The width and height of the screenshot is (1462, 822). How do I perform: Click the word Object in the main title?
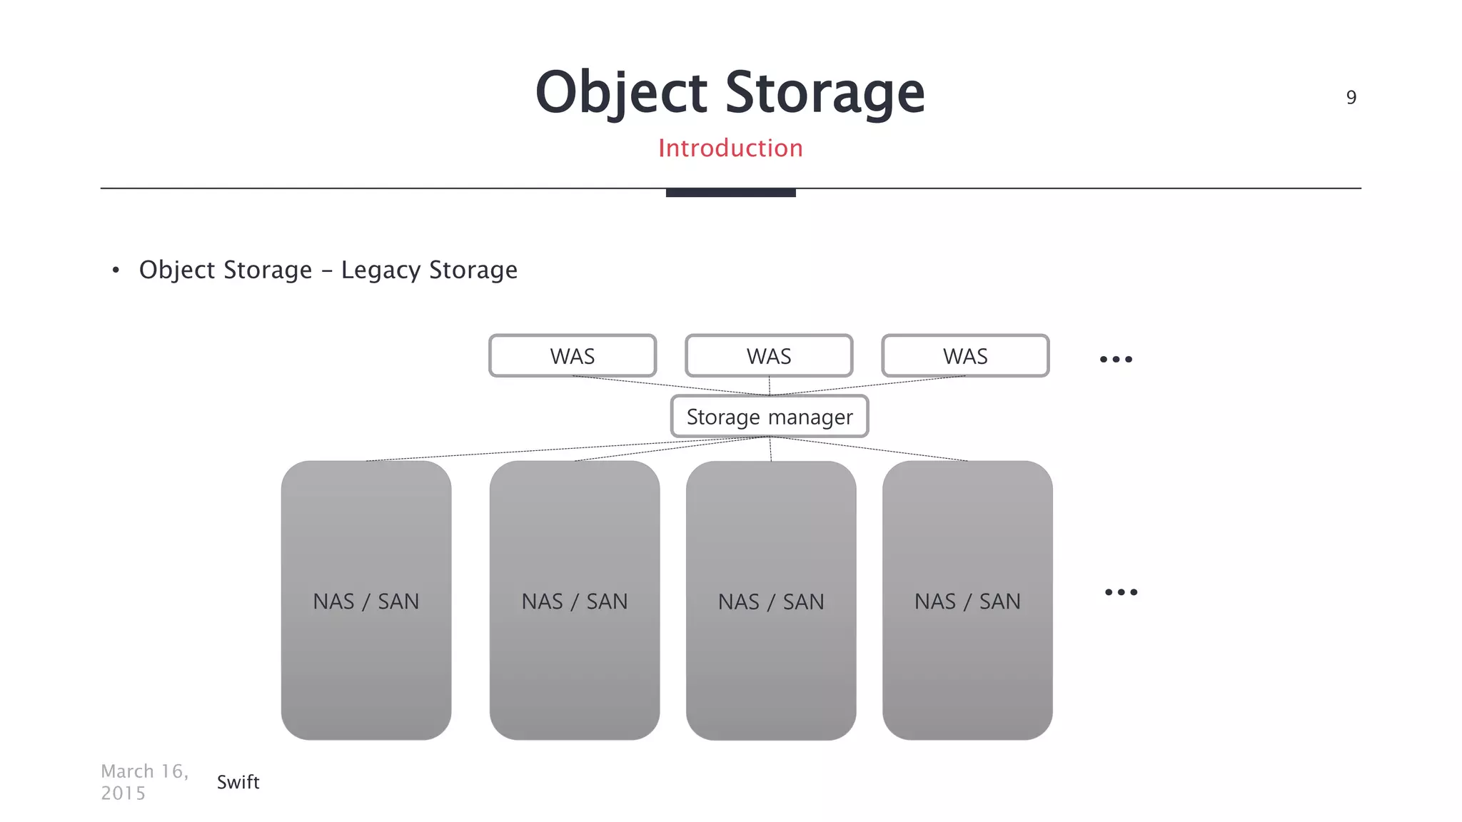coord(621,93)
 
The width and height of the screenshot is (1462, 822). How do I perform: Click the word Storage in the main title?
coord(825,93)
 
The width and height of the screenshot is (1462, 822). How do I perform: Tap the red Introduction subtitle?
coord(730,148)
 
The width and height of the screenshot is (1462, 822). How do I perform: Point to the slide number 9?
coord(1351,98)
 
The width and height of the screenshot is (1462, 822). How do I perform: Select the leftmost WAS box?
coord(573,356)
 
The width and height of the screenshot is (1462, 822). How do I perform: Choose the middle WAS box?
coord(769,356)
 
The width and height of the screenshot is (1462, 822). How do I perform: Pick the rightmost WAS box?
coord(965,356)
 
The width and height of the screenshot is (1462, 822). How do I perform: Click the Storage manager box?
coord(770,417)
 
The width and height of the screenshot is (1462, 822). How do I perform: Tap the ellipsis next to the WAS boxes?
coord(1116,359)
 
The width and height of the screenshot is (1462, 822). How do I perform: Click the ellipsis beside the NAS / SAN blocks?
coord(1121,592)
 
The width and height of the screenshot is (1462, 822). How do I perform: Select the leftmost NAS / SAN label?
coord(365,602)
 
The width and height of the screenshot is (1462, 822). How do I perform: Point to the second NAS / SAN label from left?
coord(575,602)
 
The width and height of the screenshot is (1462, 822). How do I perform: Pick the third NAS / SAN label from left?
coord(771,602)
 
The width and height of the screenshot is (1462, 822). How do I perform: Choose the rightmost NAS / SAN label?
coord(967,602)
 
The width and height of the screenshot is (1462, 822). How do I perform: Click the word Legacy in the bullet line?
coord(380,270)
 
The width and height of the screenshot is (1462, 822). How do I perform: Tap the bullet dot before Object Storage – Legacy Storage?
coord(116,270)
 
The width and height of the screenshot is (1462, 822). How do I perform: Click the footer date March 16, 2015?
coord(144,782)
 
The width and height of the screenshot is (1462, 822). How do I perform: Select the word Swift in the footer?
coord(238,782)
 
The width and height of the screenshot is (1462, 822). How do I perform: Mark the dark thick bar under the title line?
coord(730,193)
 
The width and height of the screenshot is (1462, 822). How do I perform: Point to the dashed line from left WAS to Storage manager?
coord(671,386)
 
